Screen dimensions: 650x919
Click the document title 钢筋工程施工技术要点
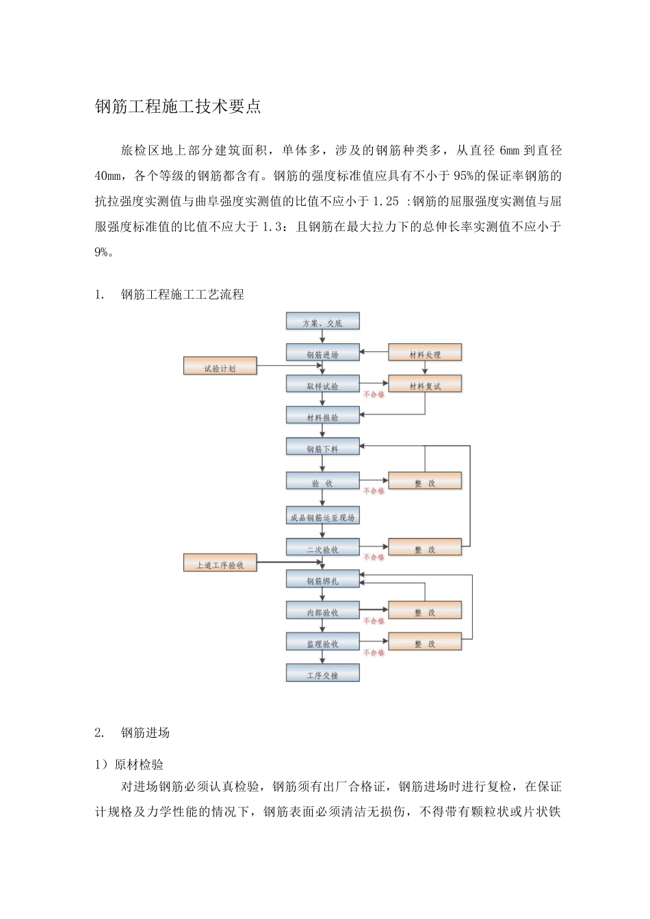[178, 107]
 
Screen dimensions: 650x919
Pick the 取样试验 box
[322, 386]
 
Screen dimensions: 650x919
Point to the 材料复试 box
[425, 386]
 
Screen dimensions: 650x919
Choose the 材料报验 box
[322, 417]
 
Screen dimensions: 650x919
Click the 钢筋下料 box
[322, 449]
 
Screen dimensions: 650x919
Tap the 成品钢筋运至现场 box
[322, 518]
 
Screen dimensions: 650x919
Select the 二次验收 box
[322, 549]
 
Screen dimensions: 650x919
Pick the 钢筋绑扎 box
[322, 581]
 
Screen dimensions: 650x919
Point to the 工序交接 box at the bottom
[322, 675]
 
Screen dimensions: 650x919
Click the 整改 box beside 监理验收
[425, 643]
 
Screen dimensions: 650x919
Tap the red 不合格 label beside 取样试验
[374, 395]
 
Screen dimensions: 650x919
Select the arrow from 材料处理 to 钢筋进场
[374, 352]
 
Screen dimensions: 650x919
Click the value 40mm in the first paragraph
[107, 176]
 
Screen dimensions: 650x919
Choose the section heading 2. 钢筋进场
[133, 733]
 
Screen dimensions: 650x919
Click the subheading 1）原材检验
[129, 764]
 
